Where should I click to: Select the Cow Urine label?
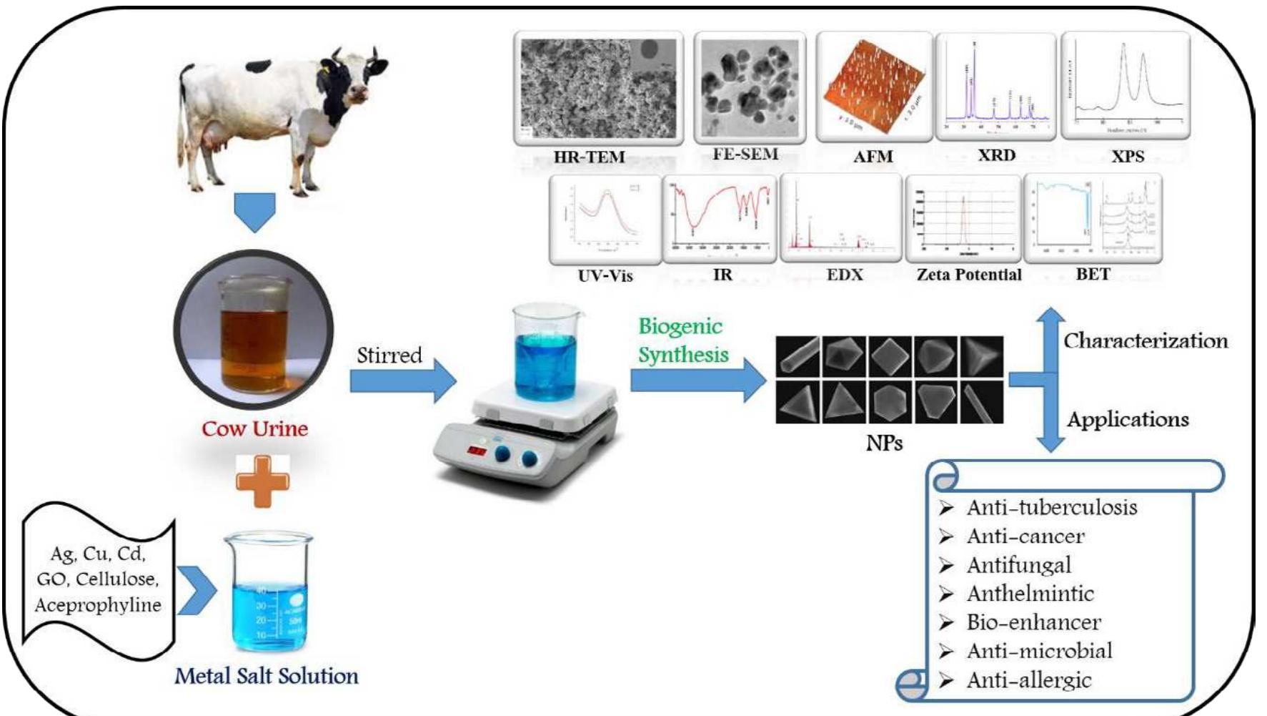click(x=254, y=428)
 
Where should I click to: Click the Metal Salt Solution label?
click(x=267, y=676)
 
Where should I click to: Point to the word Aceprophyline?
click(x=98, y=605)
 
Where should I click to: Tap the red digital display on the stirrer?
click(x=477, y=451)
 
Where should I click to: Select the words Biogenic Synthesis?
click(x=682, y=340)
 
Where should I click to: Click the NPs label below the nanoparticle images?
click(x=884, y=443)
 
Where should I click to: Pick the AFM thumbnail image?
click(x=873, y=87)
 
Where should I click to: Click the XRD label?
click(x=996, y=155)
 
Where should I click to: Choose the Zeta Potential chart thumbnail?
click(x=963, y=218)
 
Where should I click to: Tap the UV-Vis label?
click(x=605, y=275)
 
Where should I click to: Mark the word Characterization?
click(x=1146, y=340)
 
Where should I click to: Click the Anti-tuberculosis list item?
click(x=1051, y=508)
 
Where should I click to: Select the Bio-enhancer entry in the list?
click(x=1033, y=622)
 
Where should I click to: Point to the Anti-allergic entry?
click(x=1028, y=680)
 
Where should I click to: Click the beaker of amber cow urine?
click(x=254, y=333)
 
